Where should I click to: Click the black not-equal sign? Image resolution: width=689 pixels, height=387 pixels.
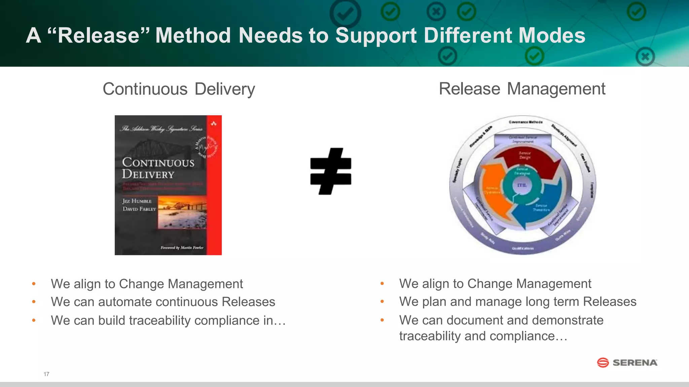tap(331, 171)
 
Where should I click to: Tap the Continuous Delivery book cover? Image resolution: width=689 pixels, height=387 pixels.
tap(168, 185)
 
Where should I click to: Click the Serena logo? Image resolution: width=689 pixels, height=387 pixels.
tap(627, 362)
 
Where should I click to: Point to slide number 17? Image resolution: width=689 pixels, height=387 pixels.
tap(46, 374)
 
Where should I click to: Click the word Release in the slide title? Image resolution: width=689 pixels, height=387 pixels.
tap(99, 36)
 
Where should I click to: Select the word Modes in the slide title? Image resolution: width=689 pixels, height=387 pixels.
tap(552, 36)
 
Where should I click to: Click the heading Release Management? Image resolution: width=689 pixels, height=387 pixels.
tap(522, 89)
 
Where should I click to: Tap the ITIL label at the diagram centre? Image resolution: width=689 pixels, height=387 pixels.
tap(522, 185)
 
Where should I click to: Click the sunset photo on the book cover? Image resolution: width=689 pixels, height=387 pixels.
tap(182, 213)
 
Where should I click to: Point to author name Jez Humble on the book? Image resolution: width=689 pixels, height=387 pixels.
tap(137, 201)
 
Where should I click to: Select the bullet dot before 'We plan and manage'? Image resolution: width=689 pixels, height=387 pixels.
tap(382, 302)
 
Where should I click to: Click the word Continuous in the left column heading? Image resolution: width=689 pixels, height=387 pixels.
tap(145, 89)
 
